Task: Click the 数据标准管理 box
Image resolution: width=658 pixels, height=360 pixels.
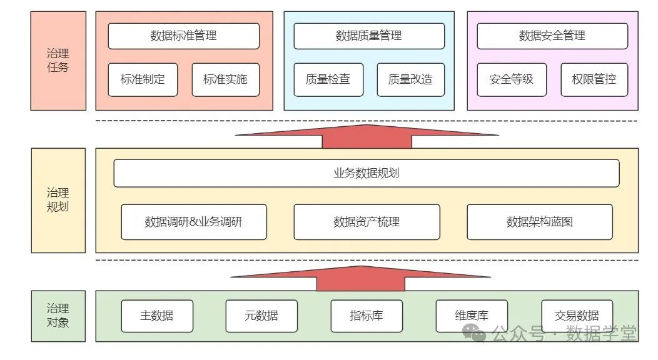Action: pos(183,36)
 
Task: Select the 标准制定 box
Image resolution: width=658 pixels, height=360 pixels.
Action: pos(143,79)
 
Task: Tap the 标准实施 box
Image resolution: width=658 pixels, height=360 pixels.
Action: pos(225,79)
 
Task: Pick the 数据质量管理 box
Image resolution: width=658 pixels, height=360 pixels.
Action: pos(369,36)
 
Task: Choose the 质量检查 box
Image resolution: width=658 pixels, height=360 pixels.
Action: pos(328,79)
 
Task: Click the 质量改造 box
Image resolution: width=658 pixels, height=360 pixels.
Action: pos(410,79)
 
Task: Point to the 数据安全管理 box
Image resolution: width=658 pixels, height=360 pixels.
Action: pos(552,36)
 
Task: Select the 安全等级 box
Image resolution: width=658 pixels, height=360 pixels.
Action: pos(512,79)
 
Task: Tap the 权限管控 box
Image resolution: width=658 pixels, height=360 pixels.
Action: pos(594,79)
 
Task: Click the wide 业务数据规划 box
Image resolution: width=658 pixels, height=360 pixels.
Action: pos(366,173)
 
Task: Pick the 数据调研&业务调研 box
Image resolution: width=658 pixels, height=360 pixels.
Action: pos(194,222)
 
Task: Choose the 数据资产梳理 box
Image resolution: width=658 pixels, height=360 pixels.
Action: pos(367,222)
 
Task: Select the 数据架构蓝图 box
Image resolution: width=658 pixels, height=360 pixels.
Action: pos(539,222)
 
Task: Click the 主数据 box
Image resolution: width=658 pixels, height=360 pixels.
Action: pos(157,316)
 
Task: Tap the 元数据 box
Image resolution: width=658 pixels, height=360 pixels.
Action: pos(261,316)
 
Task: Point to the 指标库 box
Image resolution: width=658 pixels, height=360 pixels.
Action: pos(367,316)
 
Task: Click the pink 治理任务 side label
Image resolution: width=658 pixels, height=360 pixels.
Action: pos(58,61)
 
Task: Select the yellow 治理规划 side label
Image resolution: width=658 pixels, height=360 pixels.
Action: pos(58,200)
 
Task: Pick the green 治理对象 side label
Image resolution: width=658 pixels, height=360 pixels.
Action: pos(58,316)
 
